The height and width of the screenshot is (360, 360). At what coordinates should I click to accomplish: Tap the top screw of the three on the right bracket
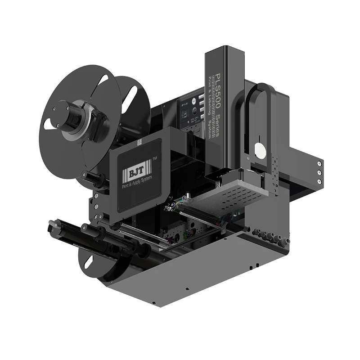pyautogui.click(x=319, y=163)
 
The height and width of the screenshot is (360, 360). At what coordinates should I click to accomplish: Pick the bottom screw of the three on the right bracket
pyautogui.click(x=319, y=181)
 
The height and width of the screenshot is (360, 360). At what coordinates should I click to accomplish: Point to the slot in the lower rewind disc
pyautogui.click(x=88, y=261)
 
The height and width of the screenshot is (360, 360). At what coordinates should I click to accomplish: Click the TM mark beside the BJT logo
pyautogui.click(x=155, y=160)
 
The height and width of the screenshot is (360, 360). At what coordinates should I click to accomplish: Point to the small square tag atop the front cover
pyautogui.click(x=140, y=141)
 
